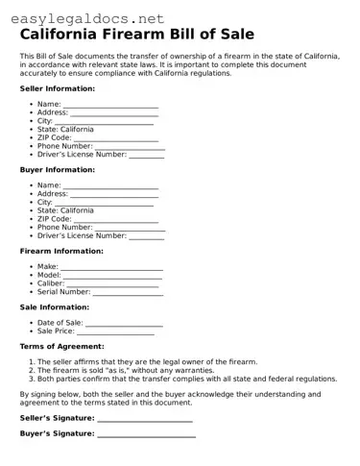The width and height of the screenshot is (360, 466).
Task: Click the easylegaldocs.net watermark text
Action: (x=76, y=17)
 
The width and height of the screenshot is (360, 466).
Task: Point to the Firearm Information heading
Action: (x=61, y=251)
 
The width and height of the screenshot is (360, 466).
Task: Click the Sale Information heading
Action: (x=54, y=307)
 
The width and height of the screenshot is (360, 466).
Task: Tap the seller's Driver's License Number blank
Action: (x=146, y=155)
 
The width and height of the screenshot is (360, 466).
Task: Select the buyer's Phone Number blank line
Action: (x=130, y=228)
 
